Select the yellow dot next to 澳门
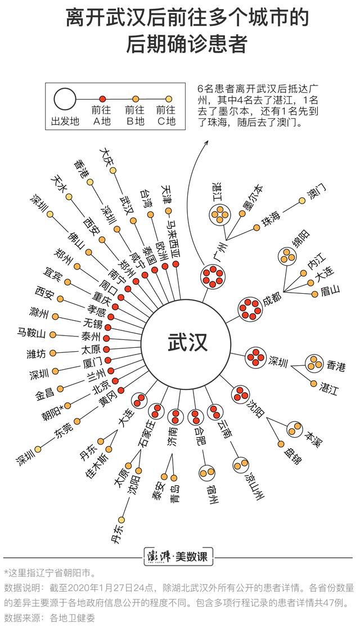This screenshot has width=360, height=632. pos(302,200)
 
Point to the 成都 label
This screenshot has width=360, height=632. pos(272,301)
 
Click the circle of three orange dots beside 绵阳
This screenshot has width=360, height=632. pos(287,256)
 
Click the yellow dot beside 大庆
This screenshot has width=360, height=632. pos(114,171)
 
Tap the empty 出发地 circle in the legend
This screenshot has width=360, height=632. pos(65,99)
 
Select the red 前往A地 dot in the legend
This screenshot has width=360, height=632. pos(102,98)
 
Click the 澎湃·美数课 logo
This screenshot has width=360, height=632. pos(178,557)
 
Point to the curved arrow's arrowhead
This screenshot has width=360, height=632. pos(207,143)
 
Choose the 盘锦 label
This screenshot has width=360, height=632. pos(291,455)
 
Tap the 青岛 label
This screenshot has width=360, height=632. pos(175,494)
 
